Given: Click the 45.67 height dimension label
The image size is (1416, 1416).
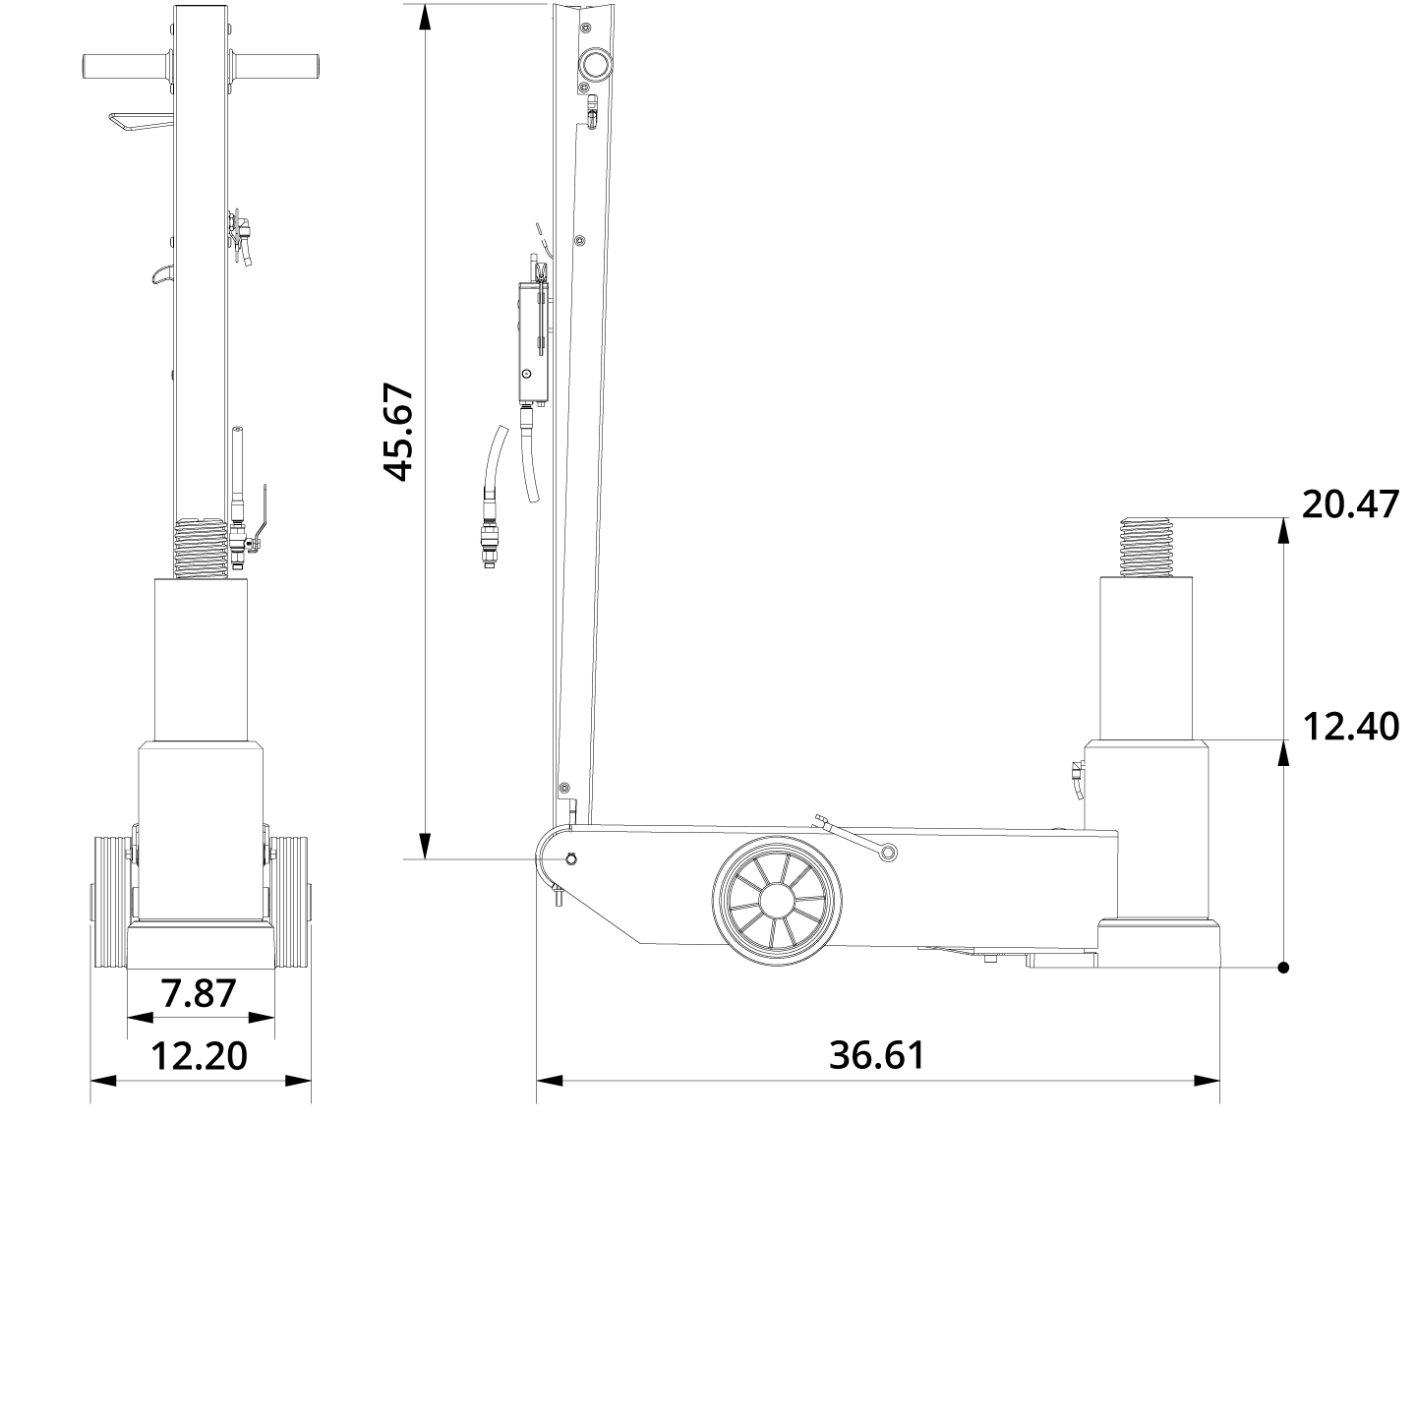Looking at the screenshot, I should tap(398, 433).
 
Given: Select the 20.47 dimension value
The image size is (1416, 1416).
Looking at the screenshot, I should tap(1349, 504).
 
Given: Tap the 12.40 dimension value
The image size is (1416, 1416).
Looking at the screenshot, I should tap(1349, 727).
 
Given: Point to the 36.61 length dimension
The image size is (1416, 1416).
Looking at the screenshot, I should tap(877, 1055).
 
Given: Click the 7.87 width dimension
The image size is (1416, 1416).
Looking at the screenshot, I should tap(200, 993).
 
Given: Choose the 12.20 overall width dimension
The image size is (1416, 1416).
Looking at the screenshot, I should tap(200, 1056).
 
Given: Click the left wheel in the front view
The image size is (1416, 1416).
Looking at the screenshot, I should tap(109, 903).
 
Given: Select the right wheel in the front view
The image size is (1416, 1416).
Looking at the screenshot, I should tap(291, 903).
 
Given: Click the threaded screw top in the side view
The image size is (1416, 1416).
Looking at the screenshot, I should tap(1147, 549).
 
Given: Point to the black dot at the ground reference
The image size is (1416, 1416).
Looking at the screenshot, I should tap(1283, 968).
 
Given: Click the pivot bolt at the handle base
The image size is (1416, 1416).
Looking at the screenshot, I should tap(571, 858).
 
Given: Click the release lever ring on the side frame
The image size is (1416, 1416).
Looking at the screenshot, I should tap(887, 853).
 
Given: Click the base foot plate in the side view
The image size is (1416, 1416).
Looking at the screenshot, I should tap(1160, 944).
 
